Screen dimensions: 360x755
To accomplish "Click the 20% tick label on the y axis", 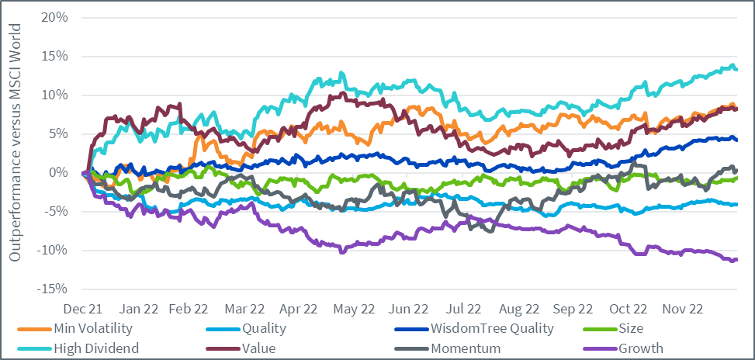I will [56, 18].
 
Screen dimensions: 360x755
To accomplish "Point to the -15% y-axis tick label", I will [54, 289].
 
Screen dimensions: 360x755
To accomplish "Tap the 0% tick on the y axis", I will [59, 173].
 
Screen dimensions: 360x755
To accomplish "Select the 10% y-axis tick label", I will [56, 95].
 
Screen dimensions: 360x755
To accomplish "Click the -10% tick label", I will [54, 251].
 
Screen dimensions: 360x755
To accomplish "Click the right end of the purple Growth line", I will [736, 259].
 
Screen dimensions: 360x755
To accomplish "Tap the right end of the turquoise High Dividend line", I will [736, 69].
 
